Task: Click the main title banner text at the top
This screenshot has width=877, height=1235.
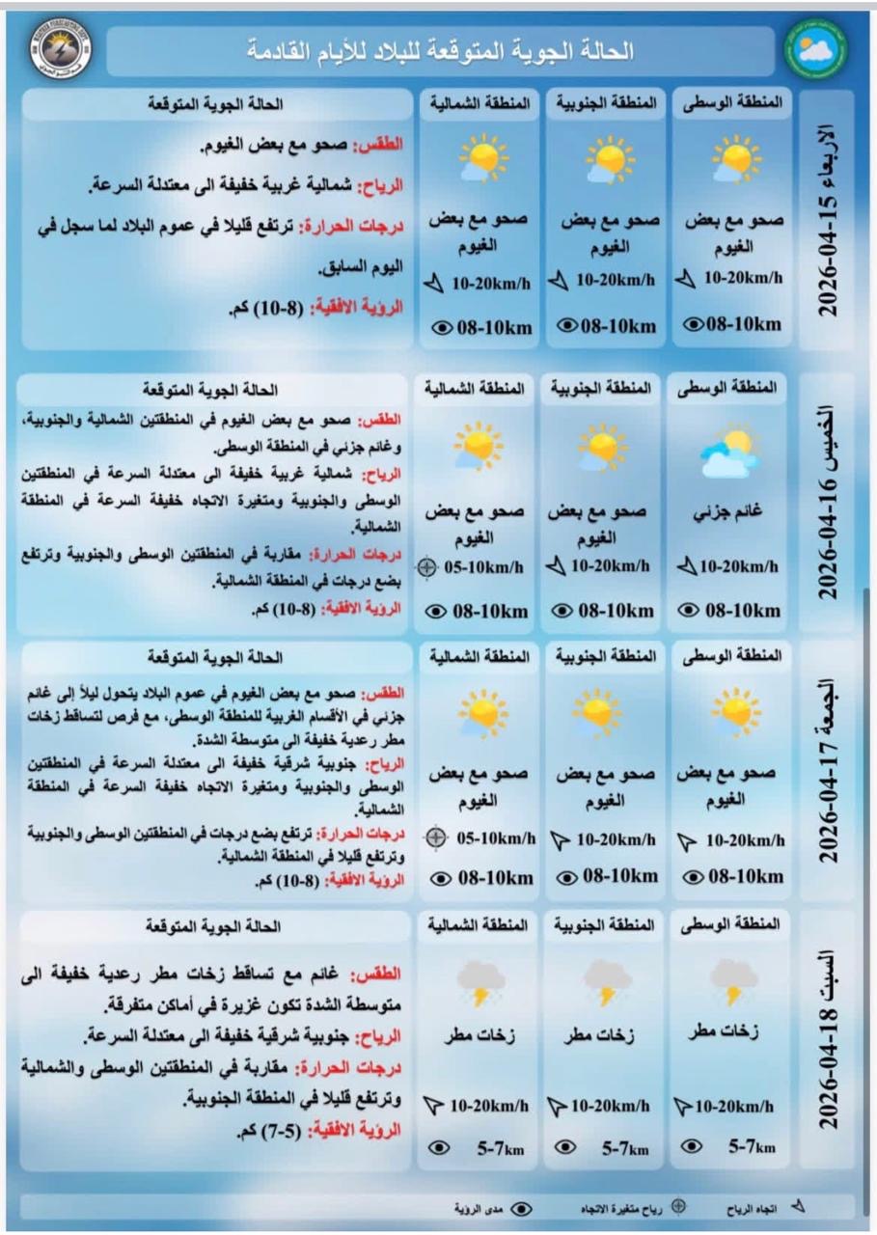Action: (x=440, y=51)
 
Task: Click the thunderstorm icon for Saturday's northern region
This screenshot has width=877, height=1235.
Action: (x=480, y=984)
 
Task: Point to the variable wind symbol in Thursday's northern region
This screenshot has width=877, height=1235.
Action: (x=430, y=567)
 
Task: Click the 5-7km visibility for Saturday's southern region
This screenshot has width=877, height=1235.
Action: (x=626, y=1148)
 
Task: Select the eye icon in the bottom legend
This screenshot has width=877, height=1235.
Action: (x=522, y=1208)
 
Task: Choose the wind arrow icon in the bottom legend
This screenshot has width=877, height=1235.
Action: (x=797, y=1206)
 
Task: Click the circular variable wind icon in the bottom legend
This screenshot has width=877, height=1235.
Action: (x=678, y=1206)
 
